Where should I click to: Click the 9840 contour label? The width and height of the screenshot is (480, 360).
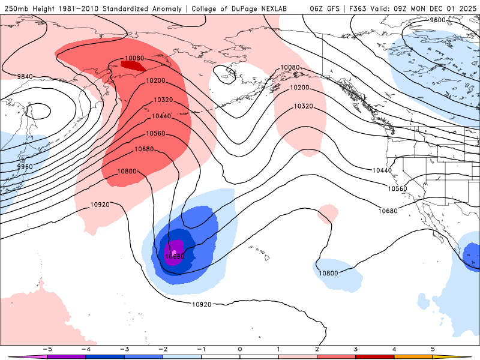click(25, 76)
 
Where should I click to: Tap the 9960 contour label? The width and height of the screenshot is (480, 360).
click(25, 167)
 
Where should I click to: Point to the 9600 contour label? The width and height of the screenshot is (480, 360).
click(438, 20)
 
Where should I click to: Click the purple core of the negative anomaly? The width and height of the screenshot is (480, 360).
click(175, 250)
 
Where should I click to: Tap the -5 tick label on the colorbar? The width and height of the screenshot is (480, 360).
click(46, 349)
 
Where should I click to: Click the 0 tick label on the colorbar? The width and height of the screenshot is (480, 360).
click(240, 349)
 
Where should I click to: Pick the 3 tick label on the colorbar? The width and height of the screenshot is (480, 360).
click(356, 349)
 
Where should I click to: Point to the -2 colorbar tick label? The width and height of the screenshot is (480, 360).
click(162, 349)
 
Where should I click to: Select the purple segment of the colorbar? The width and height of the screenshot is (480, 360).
click(66, 356)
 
